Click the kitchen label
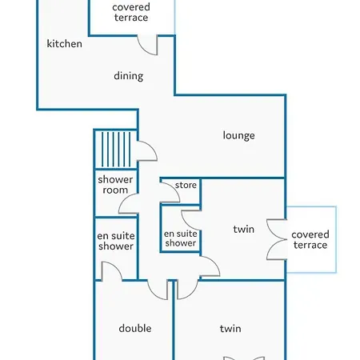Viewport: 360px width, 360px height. pyautogui.click(x=64, y=44)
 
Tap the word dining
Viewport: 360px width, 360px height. pyautogui.click(x=129, y=76)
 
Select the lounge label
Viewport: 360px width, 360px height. pyautogui.click(x=238, y=135)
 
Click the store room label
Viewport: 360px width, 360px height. pyautogui.click(x=186, y=185)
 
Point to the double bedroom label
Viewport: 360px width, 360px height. pyautogui.click(x=135, y=328)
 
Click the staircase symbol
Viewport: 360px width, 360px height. pyautogui.click(x=116, y=150)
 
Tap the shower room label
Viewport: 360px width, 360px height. pyautogui.click(x=115, y=185)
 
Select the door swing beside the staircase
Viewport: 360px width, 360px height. pyautogui.click(x=147, y=151)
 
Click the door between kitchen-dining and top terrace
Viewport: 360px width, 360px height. pyautogui.click(x=147, y=45)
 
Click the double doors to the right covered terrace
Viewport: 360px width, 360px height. pyautogui.click(x=278, y=239)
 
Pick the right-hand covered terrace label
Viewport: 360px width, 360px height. pyautogui.click(x=310, y=239)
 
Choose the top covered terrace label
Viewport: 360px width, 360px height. pyautogui.click(x=131, y=12)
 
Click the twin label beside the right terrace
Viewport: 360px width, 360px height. pyautogui.click(x=243, y=230)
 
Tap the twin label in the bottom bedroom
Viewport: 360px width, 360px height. pyautogui.click(x=230, y=329)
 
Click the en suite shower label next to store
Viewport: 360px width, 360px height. pyautogui.click(x=180, y=238)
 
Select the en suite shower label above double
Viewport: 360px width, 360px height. pyautogui.click(x=116, y=241)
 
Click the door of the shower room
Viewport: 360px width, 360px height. pyautogui.click(x=128, y=203)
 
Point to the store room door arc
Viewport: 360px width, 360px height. pyautogui.click(x=170, y=193)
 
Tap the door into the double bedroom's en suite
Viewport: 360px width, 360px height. pyautogui.click(x=112, y=271)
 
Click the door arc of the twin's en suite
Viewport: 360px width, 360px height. pyautogui.click(x=191, y=220)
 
